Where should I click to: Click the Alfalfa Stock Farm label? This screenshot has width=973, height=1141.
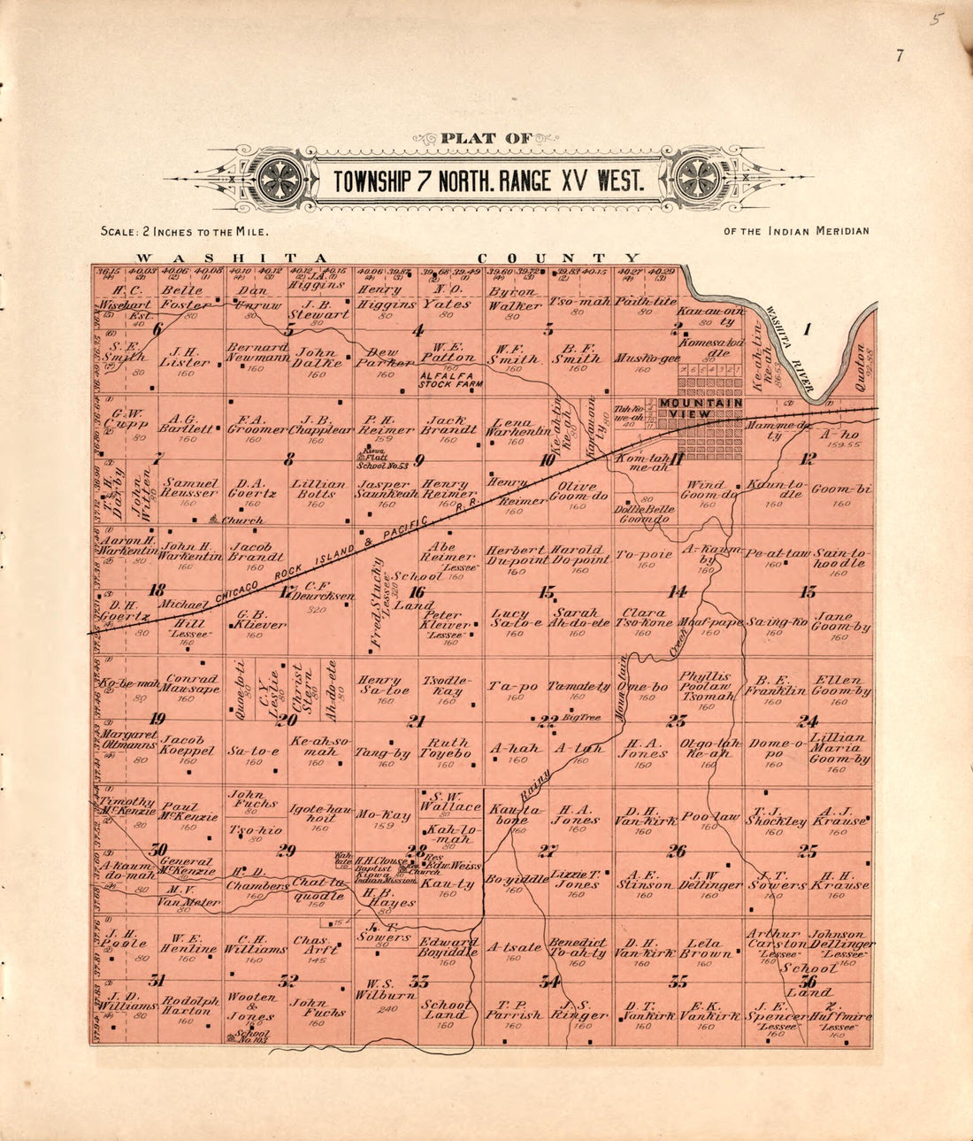(x=451, y=380)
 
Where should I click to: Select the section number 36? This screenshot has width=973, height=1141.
(x=807, y=981)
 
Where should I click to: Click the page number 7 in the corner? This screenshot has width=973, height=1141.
(x=899, y=57)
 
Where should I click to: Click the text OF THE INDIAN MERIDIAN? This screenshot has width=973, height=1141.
(x=796, y=231)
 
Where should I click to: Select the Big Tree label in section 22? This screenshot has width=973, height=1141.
(x=581, y=717)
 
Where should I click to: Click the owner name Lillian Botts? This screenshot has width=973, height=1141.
(x=320, y=490)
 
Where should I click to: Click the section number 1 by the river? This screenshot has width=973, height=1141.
(x=807, y=330)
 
